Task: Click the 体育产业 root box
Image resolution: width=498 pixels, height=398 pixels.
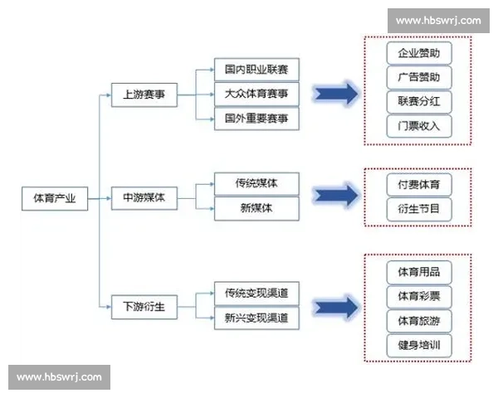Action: coord(54,198)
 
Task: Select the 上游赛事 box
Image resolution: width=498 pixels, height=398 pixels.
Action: coord(144,95)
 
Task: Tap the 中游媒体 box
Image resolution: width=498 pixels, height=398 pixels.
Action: coord(144,198)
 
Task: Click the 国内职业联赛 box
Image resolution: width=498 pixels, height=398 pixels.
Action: coord(256,70)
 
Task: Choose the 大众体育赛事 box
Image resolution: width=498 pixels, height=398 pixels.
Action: coord(256,94)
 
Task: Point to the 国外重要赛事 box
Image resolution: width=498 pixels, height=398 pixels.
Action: coord(256,119)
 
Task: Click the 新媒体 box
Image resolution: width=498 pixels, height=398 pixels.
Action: coord(256,208)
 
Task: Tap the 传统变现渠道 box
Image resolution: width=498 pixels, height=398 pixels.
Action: coord(256,294)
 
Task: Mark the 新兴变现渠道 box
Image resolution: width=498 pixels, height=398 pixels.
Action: coord(256,318)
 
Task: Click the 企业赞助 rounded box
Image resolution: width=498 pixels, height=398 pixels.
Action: coord(419,53)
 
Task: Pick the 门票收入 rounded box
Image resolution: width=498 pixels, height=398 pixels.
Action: coord(419,126)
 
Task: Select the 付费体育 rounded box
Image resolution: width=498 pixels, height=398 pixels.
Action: coord(419,183)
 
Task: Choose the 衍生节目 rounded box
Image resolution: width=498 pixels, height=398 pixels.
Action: coord(419,208)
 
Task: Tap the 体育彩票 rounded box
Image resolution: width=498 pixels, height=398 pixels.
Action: coord(419,296)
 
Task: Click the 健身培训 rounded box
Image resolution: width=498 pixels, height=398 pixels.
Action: coord(419,344)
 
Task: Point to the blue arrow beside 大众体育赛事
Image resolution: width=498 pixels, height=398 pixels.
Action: coord(335,94)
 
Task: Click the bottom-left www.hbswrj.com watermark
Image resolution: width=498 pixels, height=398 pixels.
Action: coord(59,377)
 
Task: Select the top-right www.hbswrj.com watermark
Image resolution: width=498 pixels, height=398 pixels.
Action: coord(437,20)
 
